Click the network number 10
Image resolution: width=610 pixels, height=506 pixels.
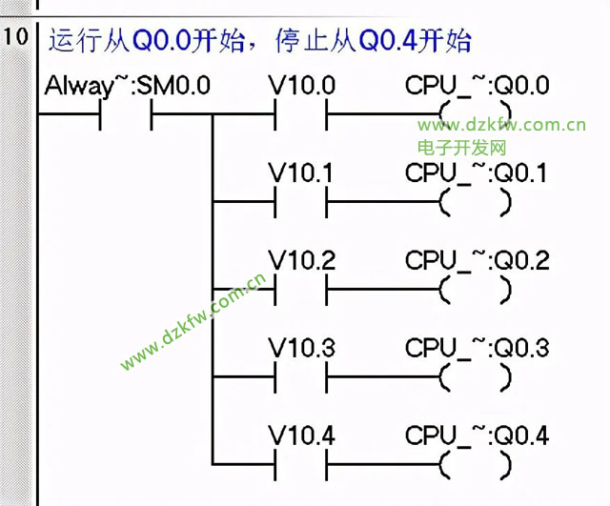pyautogui.click(x=17, y=41)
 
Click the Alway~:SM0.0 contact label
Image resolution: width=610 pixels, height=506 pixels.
pyautogui.click(x=127, y=87)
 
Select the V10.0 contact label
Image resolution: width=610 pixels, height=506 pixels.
pyautogui.click(x=301, y=87)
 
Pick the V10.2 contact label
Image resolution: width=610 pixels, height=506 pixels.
pyautogui.click(x=301, y=261)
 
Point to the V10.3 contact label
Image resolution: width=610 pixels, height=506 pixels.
pyautogui.click(x=301, y=349)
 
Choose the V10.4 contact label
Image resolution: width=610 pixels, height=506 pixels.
pyautogui.click(x=301, y=436)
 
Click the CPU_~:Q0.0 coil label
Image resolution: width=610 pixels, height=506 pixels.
pyautogui.click(x=477, y=87)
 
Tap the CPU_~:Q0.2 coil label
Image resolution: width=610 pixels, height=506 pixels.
pyautogui.click(x=477, y=261)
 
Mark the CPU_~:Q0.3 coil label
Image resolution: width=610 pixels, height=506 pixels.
pyautogui.click(x=477, y=349)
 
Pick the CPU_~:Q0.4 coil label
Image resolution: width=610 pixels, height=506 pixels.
pyautogui.click(x=477, y=436)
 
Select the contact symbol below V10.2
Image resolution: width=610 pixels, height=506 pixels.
pyautogui.click(x=300, y=289)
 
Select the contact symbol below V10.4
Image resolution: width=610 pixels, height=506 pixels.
pyautogui.click(x=300, y=464)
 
